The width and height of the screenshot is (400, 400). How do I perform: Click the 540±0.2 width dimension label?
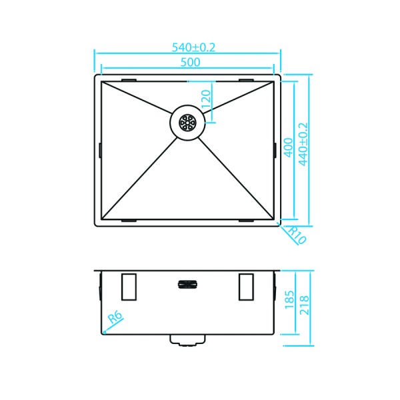195,47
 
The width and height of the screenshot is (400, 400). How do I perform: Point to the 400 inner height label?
288,147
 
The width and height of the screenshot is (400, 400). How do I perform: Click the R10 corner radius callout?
295,235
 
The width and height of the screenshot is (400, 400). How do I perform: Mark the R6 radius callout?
115,322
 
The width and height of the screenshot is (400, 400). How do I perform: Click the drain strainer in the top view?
186,123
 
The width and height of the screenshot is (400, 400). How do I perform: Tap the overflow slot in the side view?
188,285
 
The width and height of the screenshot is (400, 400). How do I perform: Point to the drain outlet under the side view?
187,340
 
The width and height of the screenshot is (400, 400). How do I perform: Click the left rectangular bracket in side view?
129,287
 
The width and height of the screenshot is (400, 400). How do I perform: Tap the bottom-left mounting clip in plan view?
129,219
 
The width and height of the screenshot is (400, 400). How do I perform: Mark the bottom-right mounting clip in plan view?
246,219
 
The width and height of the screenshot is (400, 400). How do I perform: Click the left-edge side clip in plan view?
99,150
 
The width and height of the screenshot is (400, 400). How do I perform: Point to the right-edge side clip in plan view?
275,150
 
